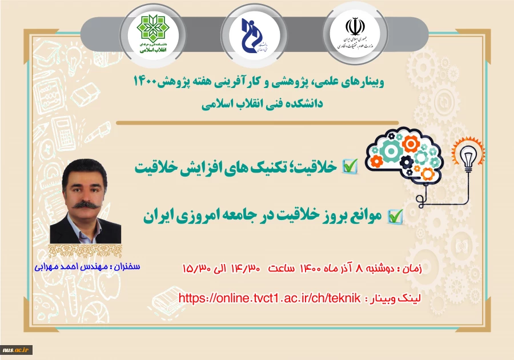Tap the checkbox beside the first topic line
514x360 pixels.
click(349, 166)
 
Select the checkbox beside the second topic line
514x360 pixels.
click(395, 215)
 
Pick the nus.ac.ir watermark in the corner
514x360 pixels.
click(16, 350)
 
